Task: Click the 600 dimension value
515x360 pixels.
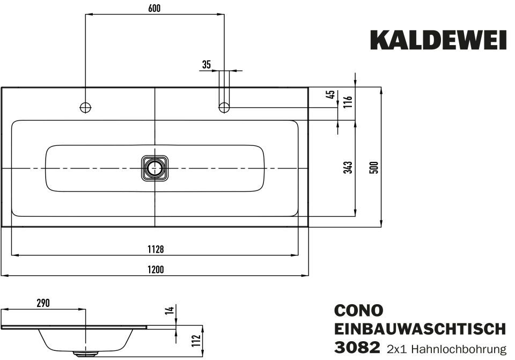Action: click(x=154, y=8)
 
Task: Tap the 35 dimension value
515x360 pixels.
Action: click(x=206, y=65)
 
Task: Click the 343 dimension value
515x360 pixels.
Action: click(x=348, y=167)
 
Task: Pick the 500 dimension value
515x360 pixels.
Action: click(x=374, y=167)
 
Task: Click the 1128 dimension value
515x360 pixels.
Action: click(x=156, y=249)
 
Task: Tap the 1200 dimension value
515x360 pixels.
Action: click(x=156, y=269)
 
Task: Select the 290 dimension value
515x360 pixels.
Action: click(x=43, y=303)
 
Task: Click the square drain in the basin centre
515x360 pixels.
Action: click(x=155, y=168)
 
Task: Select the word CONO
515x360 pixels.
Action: click(x=359, y=311)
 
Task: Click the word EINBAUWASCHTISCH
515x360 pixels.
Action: click(x=420, y=328)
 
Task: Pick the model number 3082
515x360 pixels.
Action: click(x=357, y=347)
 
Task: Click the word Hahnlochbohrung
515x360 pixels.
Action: click(x=461, y=349)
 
